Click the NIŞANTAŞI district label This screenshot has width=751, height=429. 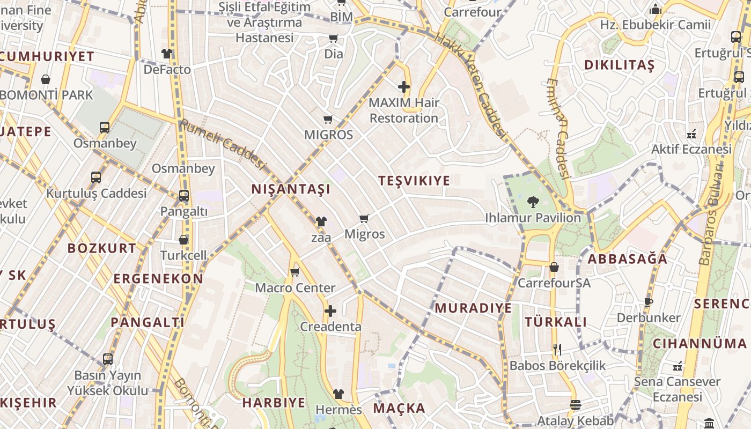[x=291, y=189]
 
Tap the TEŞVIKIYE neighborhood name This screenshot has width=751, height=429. [x=414, y=181]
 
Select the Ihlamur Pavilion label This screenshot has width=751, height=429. [x=533, y=218]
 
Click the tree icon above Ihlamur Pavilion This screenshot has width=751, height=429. [x=533, y=202]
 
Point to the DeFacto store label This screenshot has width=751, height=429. [x=167, y=70]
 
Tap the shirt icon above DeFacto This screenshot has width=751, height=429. [x=167, y=54]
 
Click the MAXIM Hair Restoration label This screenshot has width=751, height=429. [x=404, y=110]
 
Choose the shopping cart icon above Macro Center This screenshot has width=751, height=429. [x=294, y=272]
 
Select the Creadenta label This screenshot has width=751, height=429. [x=330, y=327]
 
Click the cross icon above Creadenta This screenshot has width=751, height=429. [x=330, y=311]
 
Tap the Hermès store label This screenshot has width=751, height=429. [x=338, y=410]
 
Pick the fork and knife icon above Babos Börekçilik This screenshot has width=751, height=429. [x=557, y=350]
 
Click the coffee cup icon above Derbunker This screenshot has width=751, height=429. [x=649, y=302]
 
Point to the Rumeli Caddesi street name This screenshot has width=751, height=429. [x=223, y=143]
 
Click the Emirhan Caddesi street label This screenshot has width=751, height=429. [x=558, y=129]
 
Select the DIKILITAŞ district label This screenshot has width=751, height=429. [x=619, y=66]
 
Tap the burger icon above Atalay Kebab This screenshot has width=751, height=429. [x=575, y=405]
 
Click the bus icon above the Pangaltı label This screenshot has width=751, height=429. [x=184, y=196]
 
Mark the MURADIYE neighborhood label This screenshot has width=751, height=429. [x=473, y=308]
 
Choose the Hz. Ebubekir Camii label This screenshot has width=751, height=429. [x=655, y=25]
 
